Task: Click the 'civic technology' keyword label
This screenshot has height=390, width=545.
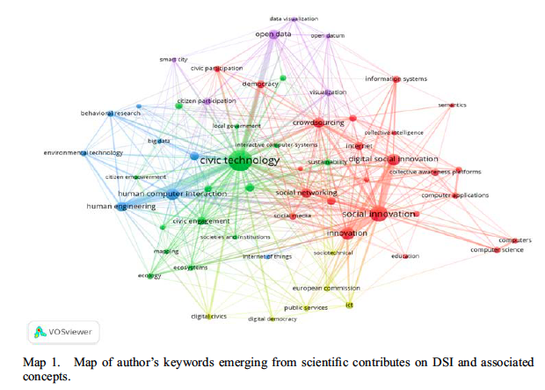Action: point(240,160)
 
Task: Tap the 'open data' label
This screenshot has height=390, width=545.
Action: point(272,34)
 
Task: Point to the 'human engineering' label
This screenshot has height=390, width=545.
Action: point(120,206)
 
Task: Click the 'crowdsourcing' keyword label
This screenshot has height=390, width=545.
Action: point(317,122)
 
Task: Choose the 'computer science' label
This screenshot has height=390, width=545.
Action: point(497,249)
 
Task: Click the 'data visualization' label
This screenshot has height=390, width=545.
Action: point(294,18)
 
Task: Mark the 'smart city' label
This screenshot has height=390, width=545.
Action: point(173,60)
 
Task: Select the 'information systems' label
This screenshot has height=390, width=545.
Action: point(396,79)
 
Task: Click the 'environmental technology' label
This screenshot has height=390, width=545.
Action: point(84,152)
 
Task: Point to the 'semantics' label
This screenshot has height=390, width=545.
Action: point(453,105)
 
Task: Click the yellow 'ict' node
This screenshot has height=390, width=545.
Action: point(349,305)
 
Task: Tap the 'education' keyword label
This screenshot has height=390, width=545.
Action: point(405,255)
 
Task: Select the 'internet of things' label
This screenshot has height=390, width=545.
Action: point(266,256)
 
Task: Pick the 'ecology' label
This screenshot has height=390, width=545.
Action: point(149,276)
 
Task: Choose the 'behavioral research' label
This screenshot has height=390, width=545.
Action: point(111,114)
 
